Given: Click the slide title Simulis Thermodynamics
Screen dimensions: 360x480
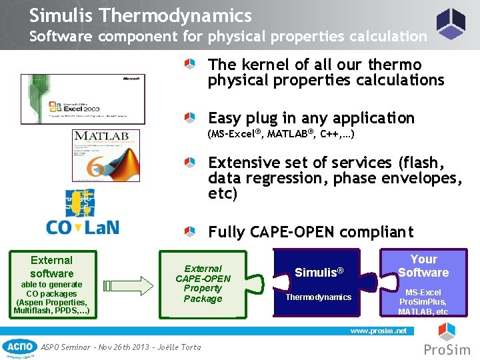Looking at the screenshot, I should point(140,15).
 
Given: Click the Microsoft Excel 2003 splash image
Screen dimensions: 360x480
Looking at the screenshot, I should point(83,99).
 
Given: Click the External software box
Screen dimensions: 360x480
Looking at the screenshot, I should point(51,285).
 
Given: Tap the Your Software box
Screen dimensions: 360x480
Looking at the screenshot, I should point(423,283).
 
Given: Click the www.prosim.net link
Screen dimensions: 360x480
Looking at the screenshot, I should point(378,331).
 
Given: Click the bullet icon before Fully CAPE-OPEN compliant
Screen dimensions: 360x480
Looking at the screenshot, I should point(191,232).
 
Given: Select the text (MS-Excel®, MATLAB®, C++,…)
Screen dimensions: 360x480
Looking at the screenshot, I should point(281,135).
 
